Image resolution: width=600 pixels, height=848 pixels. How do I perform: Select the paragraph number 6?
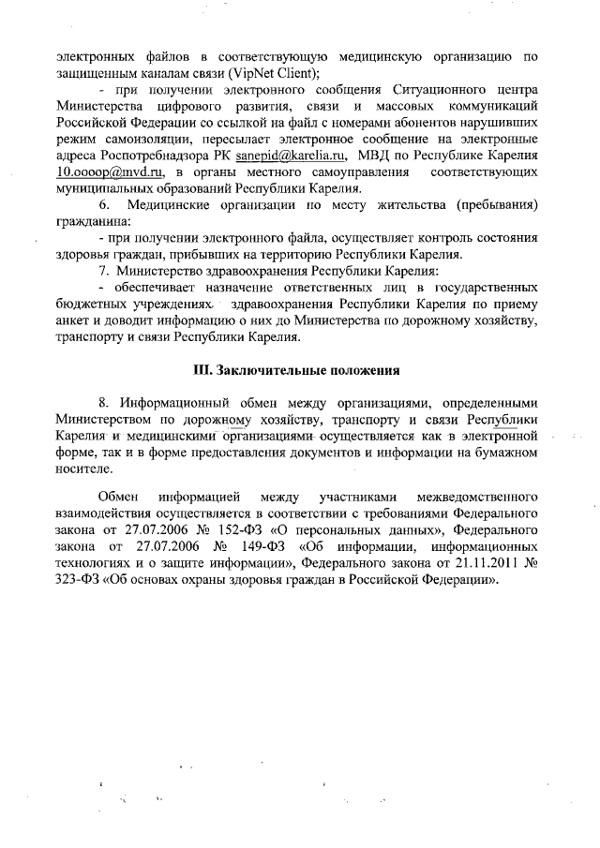[x=105, y=205]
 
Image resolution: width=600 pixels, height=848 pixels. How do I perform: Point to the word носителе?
[x=83, y=470]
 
